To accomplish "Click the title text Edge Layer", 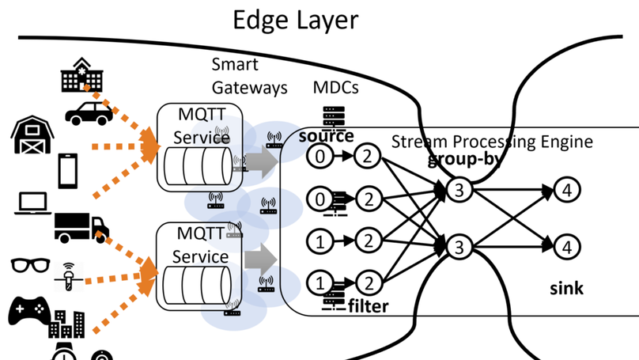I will click(295, 20).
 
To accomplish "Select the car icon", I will click(89, 113).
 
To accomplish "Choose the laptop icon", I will click(32, 204).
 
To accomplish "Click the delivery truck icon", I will click(81, 227).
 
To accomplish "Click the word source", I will click(326, 136).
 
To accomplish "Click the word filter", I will click(368, 306).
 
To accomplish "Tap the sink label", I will click(566, 288).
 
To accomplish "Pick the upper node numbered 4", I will click(567, 190).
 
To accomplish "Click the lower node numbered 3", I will click(459, 247).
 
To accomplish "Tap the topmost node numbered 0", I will click(319, 157).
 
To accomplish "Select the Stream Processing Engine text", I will click(492, 142).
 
